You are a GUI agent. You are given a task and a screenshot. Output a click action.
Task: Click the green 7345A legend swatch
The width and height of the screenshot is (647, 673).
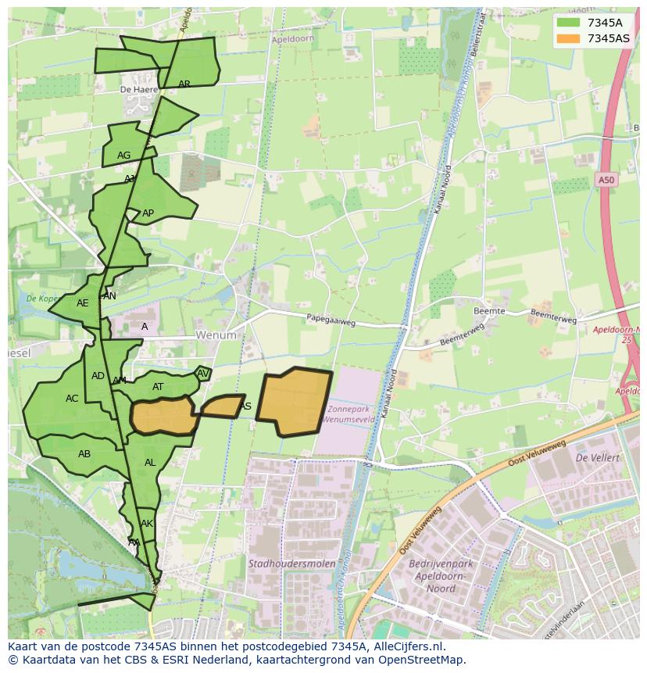[567, 23]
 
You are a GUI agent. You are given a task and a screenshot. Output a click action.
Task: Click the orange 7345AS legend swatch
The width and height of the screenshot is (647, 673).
[567, 38]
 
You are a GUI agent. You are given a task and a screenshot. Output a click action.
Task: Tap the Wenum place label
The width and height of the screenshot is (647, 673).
[216, 335]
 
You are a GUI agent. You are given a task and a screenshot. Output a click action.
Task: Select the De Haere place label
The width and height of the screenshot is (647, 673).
[139, 90]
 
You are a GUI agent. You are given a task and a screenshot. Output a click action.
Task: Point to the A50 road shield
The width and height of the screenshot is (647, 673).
[606, 181]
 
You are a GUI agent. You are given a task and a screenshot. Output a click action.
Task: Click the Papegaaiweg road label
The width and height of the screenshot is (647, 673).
[331, 319]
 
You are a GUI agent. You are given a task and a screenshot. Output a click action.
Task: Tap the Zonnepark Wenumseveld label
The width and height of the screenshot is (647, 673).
[352, 414]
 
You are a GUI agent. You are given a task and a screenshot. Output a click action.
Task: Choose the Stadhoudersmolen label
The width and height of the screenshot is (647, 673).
[292, 563]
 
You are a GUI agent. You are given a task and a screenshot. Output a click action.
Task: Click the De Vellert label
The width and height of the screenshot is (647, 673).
[597, 457]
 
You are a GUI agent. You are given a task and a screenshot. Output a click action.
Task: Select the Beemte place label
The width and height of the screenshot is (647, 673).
[489, 311]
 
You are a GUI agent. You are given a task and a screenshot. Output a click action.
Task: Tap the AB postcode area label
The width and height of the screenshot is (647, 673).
[84, 454]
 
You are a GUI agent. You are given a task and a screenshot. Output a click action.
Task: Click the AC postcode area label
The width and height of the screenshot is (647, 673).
[72, 399]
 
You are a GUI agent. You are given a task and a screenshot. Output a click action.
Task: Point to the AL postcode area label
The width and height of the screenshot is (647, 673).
[150, 463]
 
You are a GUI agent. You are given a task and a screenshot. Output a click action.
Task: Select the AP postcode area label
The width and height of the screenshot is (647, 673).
[148, 213]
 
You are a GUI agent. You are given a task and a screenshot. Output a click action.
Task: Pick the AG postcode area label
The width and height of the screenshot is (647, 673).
[123, 156]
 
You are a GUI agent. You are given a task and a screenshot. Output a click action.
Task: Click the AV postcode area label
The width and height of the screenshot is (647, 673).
[203, 374]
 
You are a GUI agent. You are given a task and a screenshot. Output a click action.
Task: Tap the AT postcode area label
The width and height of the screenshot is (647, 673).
[158, 387]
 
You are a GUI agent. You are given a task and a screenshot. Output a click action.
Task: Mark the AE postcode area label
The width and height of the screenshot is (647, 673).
[83, 303]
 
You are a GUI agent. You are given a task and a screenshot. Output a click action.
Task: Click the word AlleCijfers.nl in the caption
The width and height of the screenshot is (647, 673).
[406, 647]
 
